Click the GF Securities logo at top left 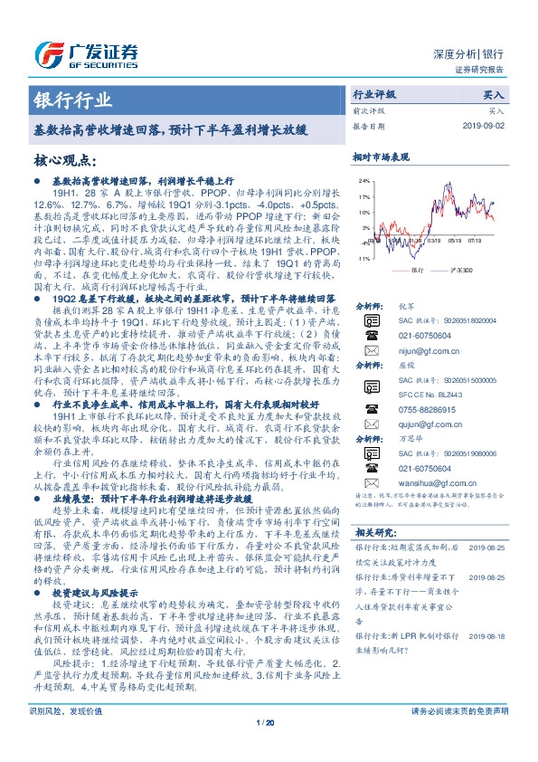click(x=90, y=52)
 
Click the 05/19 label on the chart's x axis click(x=452, y=241)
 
